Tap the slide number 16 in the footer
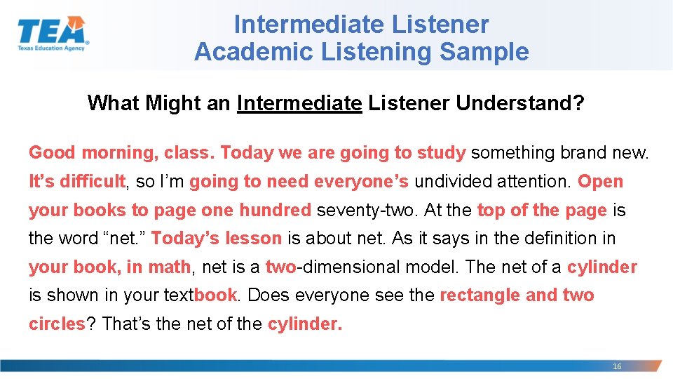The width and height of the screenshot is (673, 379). pyautogui.click(x=617, y=366)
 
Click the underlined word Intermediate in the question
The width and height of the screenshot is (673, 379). pyautogui.click(x=299, y=103)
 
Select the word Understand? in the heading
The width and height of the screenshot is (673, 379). pyautogui.click(x=520, y=103)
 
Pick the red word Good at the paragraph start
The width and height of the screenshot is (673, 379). pyautogui.click(x=52, y=152)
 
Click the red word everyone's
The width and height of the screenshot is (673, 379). pyautogui.click(x=361, y=181)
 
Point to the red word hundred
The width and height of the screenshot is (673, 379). pyautogui.click(x=275, y=210)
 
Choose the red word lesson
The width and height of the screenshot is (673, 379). pyautogui.click(x=253, y=239)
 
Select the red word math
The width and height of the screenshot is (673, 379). pyautogui.click(x=172, y=267)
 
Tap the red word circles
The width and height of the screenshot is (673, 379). pyautogui.click(x=56, y=324)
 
